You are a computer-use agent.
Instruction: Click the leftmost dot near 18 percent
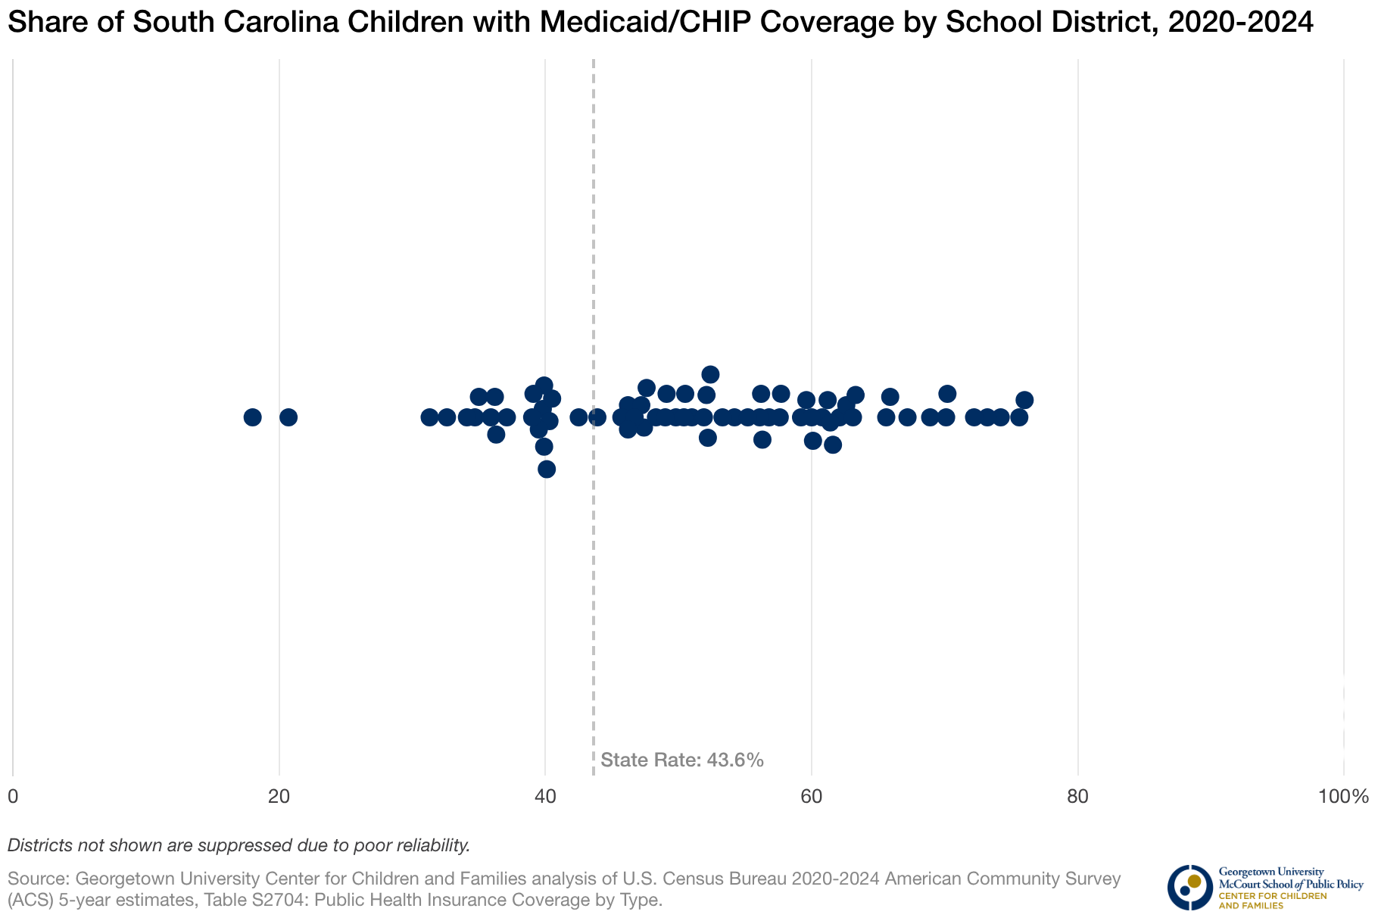coord(253,417)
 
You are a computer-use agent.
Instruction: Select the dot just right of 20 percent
coord(288,417)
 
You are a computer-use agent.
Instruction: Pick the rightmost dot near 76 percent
coord(1024,400)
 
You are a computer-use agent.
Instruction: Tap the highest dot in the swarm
coord(710,374)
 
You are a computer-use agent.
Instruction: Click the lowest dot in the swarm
coord(547,469)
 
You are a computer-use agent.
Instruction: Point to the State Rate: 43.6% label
coord(682,760)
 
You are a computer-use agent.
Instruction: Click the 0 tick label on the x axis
coord(13,797)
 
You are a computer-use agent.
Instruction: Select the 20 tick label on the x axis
coord(279,797)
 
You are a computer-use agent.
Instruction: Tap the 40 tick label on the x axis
coord(545,797)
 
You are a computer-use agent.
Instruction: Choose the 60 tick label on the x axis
coord(812,797)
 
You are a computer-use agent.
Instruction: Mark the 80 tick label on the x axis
coord(1077,797)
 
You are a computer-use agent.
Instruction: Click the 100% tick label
coord(1343,797)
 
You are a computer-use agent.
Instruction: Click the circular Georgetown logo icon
coord(1189,887)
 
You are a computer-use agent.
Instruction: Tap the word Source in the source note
coord(37,879)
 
